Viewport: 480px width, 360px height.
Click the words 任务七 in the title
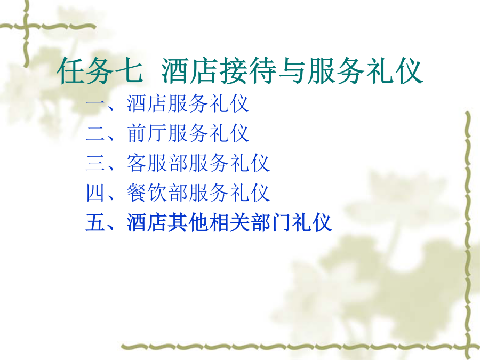(x=100, y=71)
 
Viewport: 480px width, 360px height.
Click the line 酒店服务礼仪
(x=188, y=104)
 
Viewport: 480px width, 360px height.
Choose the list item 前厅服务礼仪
(x=188, y=133)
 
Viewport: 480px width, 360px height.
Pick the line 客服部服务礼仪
(x=198, y=163)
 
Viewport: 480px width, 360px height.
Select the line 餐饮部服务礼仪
(x=198, y=193)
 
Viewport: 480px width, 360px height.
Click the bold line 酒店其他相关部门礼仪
(x=229, y=222)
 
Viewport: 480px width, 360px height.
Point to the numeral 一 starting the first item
(x=95, y=104)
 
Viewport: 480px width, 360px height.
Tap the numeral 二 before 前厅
(x=95, y=133)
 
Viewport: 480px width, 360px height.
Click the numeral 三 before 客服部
(x=95, y=163)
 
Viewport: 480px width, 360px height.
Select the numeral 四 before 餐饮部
(x=95, y=193)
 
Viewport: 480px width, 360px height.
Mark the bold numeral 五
(x=95, y=222)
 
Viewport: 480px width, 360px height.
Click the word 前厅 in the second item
(x=147, y=133)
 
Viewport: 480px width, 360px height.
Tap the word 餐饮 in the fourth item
(x=147, y=193)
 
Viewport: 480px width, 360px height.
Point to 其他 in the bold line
(x=188, y=222)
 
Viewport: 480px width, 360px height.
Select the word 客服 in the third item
(x=147, y=163)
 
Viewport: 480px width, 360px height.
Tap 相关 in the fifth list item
(x=229, y=222)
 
